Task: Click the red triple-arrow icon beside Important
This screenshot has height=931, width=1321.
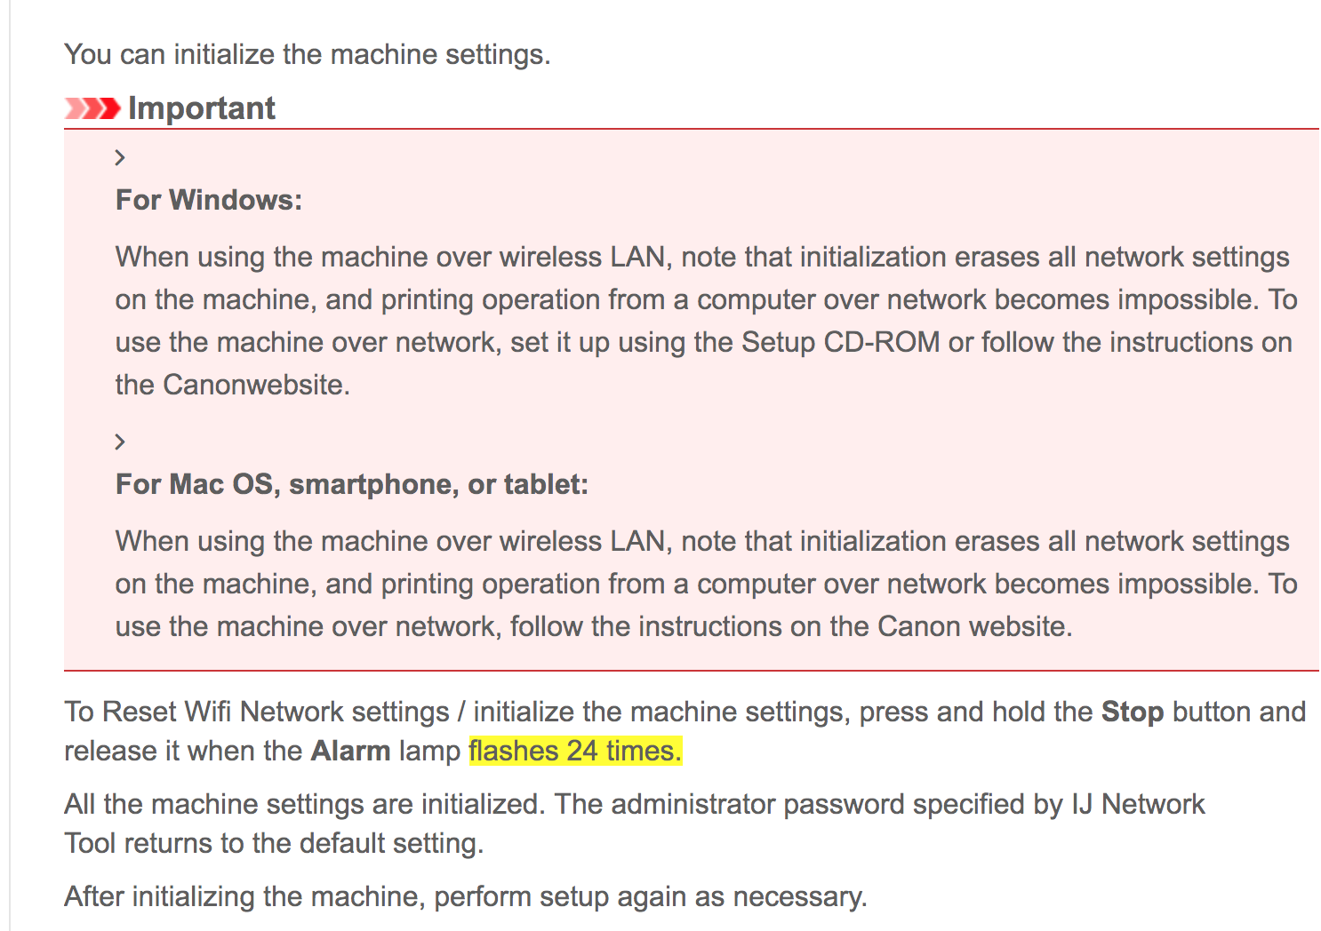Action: [x=92, y=108]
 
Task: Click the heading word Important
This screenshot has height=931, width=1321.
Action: [x=202, y=108]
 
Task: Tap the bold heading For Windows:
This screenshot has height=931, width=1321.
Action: [x=209, y=200]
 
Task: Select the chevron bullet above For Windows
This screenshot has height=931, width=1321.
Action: [x=120, y=157]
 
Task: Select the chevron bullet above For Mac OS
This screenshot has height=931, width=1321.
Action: [x=120, y=442]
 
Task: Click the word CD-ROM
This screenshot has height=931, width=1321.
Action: [x=882, y=342]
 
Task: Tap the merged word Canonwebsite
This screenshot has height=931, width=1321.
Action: [x=257, y=385]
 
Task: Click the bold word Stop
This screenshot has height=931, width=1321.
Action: [x=1133, y=712]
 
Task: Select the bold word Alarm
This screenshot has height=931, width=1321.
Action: [x=351, y=752]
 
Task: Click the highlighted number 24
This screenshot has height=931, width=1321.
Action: [x=582, y=752]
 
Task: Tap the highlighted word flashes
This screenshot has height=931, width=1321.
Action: [x=514, y=752]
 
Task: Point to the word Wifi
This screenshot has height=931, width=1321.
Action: [x=208, y=712]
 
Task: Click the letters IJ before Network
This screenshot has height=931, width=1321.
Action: [x=1082, y=804]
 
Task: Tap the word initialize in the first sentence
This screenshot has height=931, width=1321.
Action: [x=224, y=55]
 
